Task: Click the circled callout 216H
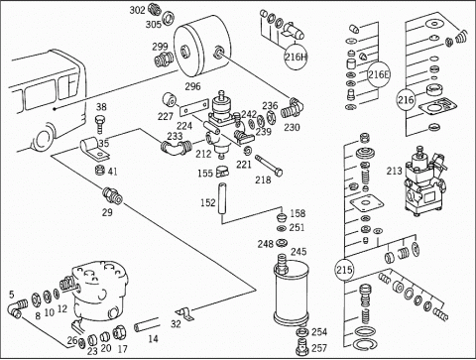pyautogui.click(x=296, y=57)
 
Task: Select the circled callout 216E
pyautogui.click(x=379, y=74)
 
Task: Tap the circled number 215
pyautogui.click(x=344, y=270)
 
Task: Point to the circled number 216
pyautogui.click(x=406, y=99)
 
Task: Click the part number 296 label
pyautogui.click(x=192, y=86)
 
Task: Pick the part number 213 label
pyautogui.click(x=394, y=171)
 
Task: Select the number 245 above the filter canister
pyautogui.click(x=298, y=252)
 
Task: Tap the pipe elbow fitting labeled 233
pyautogui.click(x=177, y=148)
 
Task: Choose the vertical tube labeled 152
pyautogui.click(x=222, y=199)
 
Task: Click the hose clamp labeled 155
pyautogui.click(x=222, y=172)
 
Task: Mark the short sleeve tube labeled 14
pyautogui.click(x=146, y=324)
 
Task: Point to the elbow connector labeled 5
pyautogui.click(x=18, y=308)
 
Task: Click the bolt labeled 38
pyautogui.click(x=100, y=124)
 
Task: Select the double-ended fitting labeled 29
pyautogui.click(x=113, y=195)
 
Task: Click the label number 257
pyautogui.click(x=319, y=348)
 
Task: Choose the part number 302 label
pyautogui.click(x=137, y=10)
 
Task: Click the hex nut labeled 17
pyautogui.click(x=120, y=332)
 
